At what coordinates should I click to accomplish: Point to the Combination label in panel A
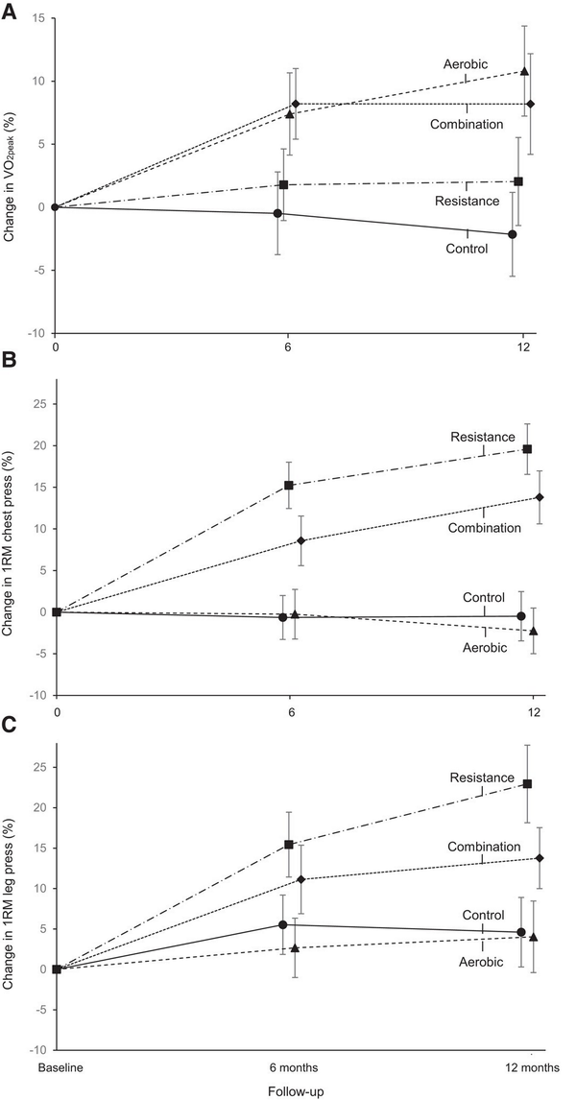[468, 125]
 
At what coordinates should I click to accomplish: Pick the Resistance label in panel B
[483, 436]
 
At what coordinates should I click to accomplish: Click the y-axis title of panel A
[12, 175]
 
